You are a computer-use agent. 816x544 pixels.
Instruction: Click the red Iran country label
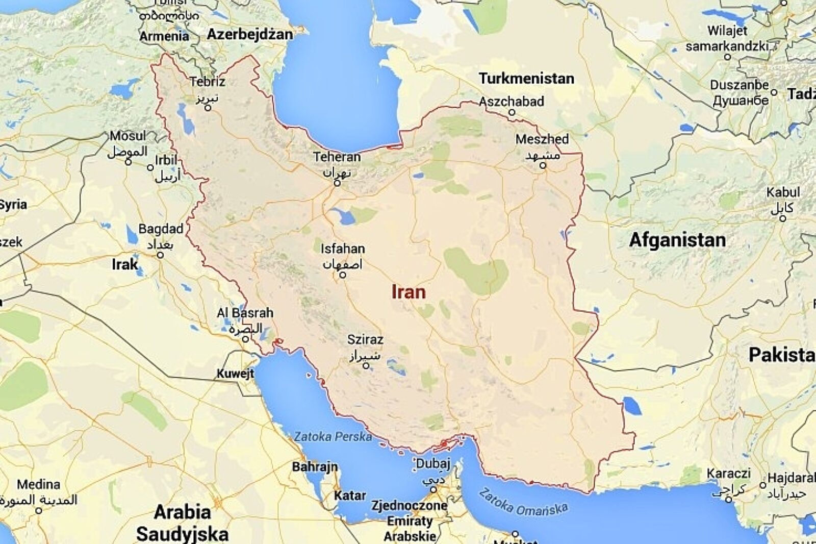[x=408, y=292]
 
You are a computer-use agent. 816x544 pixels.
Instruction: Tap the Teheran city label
[x=337, y=157]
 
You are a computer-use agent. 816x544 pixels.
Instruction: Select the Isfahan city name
[x=342, y=249]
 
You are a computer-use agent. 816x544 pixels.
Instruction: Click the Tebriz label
[x=207, y=82]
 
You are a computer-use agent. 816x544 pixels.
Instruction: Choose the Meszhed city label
[x=542, y=139]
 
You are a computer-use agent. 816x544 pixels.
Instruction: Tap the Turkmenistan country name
[x=526, y=79]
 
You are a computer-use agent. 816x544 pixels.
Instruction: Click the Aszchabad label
[x=511, y=102]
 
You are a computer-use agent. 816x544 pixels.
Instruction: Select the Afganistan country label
[x=677, y=240]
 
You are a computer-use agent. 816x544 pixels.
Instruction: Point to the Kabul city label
[x=783, y=192]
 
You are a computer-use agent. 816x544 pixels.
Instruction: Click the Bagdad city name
[x=161, y=229]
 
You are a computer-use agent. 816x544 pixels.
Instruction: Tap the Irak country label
[x=125, y=264]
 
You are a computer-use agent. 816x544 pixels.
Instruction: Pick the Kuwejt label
[x=235, y=374]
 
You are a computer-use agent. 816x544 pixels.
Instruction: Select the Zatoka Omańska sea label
[x=523, y=502]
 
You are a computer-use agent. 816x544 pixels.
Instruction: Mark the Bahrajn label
[x=315, y=466]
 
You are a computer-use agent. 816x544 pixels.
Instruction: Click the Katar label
[x=350, y=496]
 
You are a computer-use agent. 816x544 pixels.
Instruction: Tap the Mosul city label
[x=127, y=136]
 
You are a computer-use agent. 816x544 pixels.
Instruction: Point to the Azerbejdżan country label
[x=249, y=34]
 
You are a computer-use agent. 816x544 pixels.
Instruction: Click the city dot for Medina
[x=39, y=510]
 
